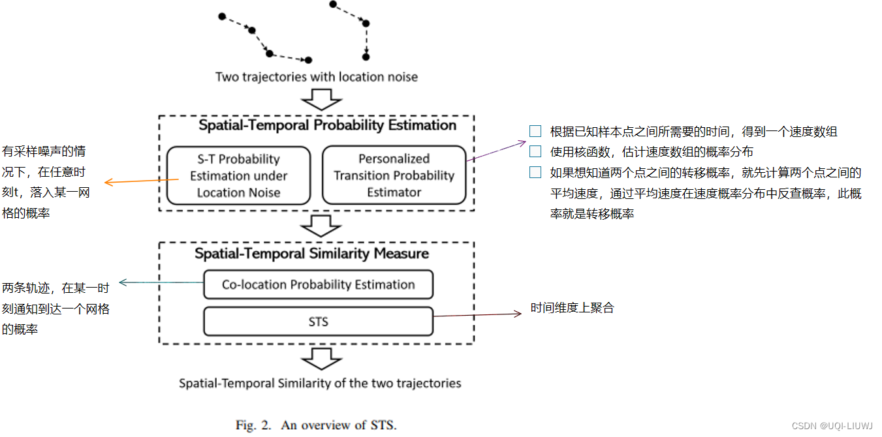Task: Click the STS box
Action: pyautogui.click(x=318, y=322)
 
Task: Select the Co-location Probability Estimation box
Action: pyautogui.click(x=318, y=284)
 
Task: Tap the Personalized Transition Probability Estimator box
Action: pyautogui.click(x=394, y=175)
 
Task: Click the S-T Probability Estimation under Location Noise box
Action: pyautogui.click(x=238, y=175)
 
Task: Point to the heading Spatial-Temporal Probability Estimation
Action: pyautogui.click(x=327, y=125)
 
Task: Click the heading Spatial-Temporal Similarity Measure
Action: pyautogui.click(x=311, y=253)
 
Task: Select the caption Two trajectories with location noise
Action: pyautogui.click(x=317, y=77)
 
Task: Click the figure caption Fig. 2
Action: pyautogui.click(x=316, y=425)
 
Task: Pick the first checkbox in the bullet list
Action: pyautogui.click(x=535, y=131)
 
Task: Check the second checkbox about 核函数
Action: pyautogui.click(x=535, y=151)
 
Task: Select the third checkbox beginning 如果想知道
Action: pyautogui.click(x=535, y=172)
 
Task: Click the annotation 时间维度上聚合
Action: pyautogui.click(x=572, y=308)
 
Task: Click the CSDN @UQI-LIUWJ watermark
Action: pyautogui.click(x=832, y=425)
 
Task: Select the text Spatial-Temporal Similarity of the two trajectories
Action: pyautogui.click(x=320, y=383)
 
